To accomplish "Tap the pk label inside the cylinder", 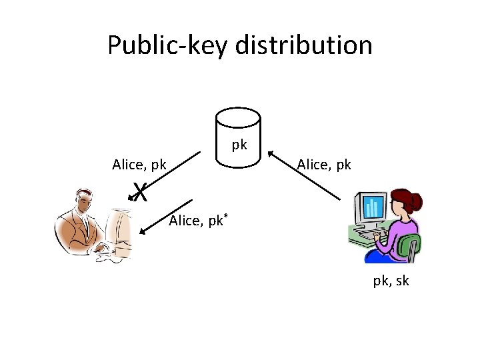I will (239, 144).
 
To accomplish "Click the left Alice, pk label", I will (139, 164).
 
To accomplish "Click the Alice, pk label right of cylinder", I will (324, 163).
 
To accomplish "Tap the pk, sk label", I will (391, 281).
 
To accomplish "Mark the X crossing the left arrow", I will (139, 192).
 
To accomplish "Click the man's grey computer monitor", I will (120, 230).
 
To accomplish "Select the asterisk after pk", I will (226, 216).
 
